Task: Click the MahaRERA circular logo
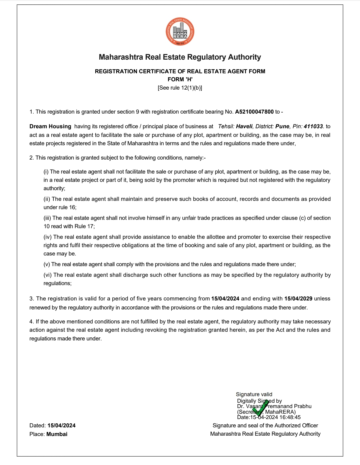[x=180, y=32]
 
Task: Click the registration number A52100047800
[x=254, y=112]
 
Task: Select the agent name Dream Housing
[x=50, y=127]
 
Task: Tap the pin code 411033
[x=313, y=127]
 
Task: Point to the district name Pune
[x=282, y=127]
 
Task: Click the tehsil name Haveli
[x=244, y=127]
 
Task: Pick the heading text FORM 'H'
[x=180, y=79]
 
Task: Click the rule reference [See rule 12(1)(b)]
[x=180, y=88]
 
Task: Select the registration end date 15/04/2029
[x=298, y=299]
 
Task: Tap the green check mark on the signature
[x=261, y=408]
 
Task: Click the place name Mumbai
[x=57, y=434]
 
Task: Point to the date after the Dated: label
[x=62, y=426]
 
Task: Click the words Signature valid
[x=254, y=394]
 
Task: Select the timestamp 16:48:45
[x=290, y=417]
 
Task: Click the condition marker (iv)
[x=48, y=237]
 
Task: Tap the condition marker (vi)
[x=48, y=275]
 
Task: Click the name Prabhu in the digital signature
[x=303, y=406]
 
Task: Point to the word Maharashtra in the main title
[x=121, y=57]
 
